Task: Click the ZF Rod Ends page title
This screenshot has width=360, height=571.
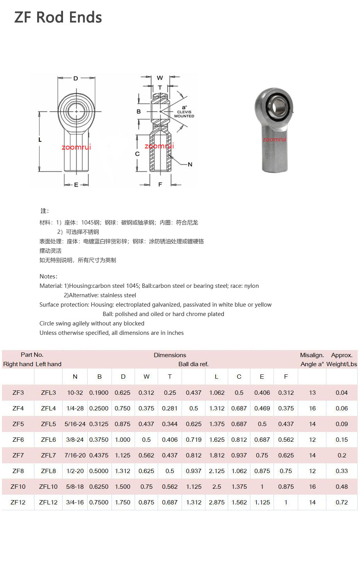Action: [58, 17]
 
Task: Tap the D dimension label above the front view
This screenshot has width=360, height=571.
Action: [76, 78]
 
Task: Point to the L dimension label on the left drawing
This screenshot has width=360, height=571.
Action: [40, 140]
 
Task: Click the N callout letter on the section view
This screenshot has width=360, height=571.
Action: [190, 164]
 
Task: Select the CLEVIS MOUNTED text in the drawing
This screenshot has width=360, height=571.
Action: [184, 114]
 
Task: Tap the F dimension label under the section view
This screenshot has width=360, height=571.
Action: [160, 184]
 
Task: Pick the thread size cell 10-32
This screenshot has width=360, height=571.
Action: [75, 392]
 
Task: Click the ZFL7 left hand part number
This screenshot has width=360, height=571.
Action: [48, 455]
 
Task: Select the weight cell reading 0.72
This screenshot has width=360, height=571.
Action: [342, 502]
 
